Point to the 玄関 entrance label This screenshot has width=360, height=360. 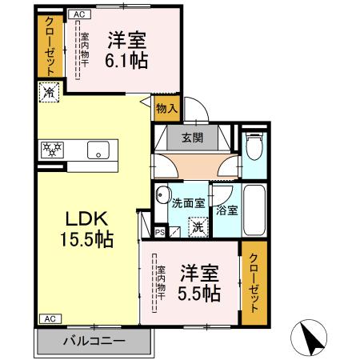(191, 137)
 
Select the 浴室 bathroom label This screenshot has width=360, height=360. (227, 210)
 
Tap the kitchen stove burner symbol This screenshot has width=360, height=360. (52, 148)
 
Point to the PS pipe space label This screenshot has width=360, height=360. (160, 233)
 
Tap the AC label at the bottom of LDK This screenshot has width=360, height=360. (47, 318)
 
